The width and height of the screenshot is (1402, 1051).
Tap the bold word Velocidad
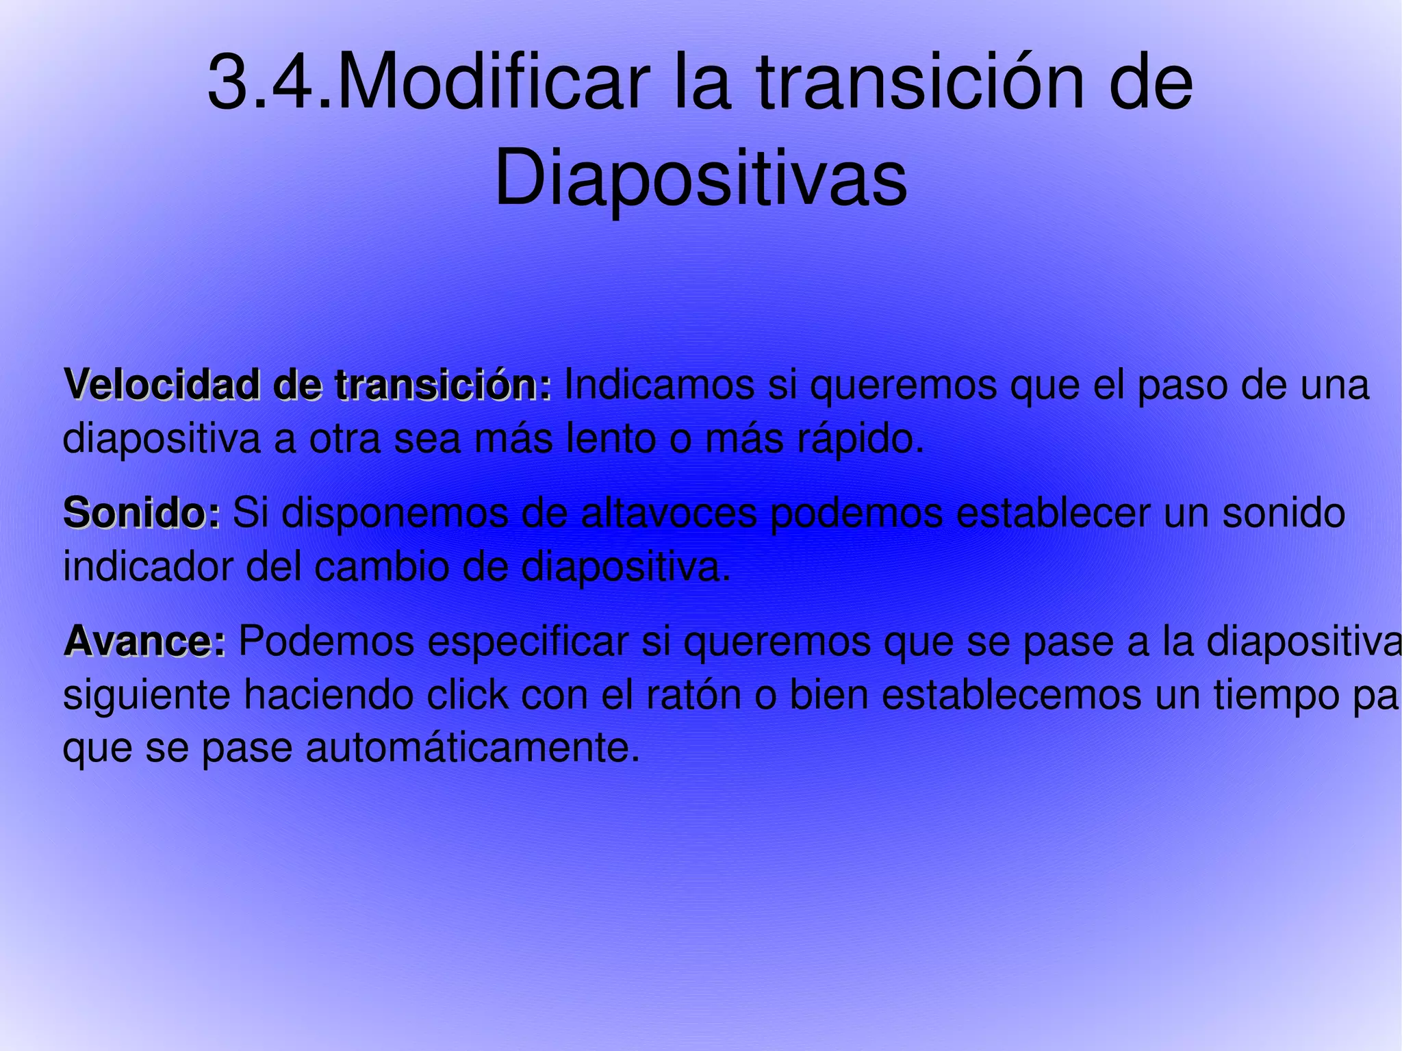pos(162,385)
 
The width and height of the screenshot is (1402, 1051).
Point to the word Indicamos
pos(659,385)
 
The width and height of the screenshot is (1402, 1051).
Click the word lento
pos(611,439)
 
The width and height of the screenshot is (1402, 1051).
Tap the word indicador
pos(149,567)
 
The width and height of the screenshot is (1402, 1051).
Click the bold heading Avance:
pos(144,642)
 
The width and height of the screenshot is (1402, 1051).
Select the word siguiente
pos(147,696)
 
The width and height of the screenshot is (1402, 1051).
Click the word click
pos(466,696)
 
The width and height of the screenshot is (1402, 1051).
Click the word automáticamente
pos(473,748)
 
